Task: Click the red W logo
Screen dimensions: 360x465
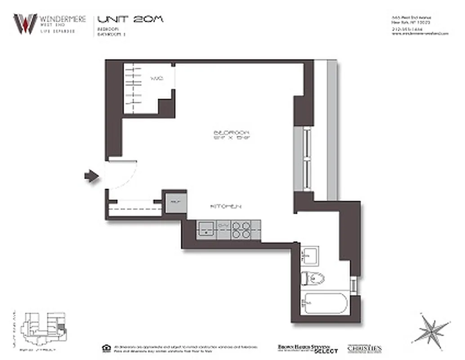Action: (x=25, y=23)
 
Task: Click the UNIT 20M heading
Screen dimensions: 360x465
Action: (x=130, y=19)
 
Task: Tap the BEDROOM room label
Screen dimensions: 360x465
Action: (x=231, y=133)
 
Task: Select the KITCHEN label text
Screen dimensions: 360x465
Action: (x=226, y=206)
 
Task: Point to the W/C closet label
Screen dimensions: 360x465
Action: (x=156, y=78)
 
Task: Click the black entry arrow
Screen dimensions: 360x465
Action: (x=92, y=176)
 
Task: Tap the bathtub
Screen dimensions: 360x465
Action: (x=324, y=303)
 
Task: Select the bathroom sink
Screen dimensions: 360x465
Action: (x=309, y=256)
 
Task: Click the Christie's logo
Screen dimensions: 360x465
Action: (x=364, y=348)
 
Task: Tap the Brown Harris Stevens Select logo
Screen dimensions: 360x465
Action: (x=307, y=348)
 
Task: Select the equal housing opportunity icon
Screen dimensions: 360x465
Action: (x=106, y=347)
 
